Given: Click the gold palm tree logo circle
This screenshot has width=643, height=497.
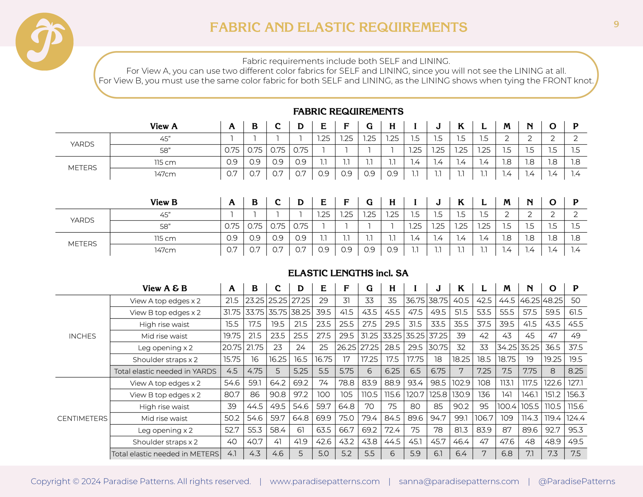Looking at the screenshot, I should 44,41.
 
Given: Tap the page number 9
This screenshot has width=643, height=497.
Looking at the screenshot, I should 616,24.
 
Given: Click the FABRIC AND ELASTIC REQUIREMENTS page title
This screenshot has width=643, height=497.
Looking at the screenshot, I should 338,27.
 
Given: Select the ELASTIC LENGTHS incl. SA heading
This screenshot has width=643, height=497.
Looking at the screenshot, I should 348,273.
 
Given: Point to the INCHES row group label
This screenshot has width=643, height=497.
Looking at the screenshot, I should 82,336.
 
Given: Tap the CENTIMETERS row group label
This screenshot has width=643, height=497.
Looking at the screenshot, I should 82,418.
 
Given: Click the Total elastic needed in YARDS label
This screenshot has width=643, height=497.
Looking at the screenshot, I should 165,371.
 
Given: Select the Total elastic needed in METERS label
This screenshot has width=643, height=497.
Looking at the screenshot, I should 165,454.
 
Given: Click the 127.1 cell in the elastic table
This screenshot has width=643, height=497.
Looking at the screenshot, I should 576,383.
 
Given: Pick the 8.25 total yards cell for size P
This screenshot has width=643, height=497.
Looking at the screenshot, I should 576,371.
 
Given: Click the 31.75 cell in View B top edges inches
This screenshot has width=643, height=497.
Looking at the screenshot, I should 232,312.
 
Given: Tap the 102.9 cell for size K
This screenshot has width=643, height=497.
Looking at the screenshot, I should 461,383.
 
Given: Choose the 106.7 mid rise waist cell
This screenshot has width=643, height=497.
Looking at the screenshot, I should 484,418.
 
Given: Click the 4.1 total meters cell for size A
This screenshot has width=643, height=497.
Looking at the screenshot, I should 232,454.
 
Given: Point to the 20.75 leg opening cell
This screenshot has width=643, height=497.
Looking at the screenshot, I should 232,348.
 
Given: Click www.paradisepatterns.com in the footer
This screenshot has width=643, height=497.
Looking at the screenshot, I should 325,481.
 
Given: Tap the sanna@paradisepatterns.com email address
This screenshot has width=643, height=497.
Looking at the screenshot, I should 459,481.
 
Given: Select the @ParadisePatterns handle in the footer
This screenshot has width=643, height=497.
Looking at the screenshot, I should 576,481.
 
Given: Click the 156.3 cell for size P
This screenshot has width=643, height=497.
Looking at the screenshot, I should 576,395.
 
